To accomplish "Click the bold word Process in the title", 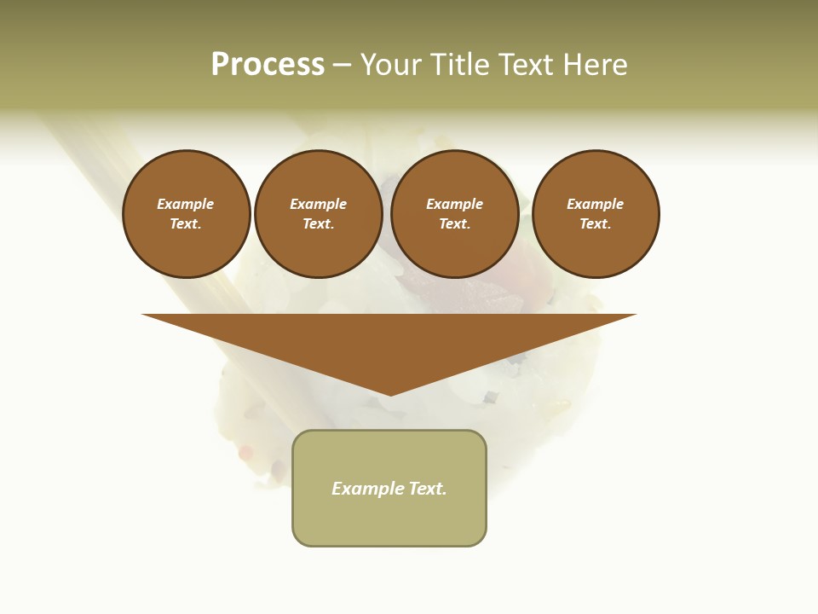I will (x=268, y=65).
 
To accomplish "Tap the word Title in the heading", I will (x=462, y=65).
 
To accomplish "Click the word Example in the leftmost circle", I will (x=186, y=204).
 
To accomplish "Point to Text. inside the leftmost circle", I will (x=186, y=224).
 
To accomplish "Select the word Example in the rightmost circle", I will (x=596, y=204).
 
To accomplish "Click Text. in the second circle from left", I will (x=318, y=224).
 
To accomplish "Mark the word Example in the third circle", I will (x=454, y=204).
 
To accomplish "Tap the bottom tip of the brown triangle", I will (x=390, y=393).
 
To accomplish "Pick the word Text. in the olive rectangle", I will (x=427, y=489).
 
